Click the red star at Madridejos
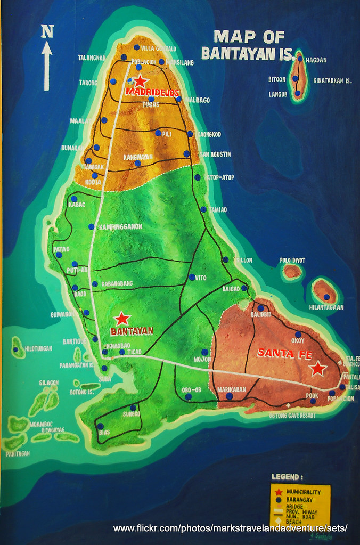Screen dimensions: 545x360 pos(140,82)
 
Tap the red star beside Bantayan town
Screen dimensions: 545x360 pos(122,319)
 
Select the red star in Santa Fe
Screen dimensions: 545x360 pos(318,368)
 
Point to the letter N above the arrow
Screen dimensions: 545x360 pos(47,31)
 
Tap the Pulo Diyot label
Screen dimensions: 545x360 pos(292,260)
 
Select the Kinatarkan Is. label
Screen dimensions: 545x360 pos(333,81)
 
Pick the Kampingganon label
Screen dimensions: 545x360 pos(121,227)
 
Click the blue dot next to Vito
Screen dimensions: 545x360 pos(191,277)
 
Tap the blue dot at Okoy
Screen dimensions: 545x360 pos(298,335)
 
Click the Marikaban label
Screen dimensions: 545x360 pos(232,389)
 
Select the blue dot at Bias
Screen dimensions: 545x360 pos(100,426)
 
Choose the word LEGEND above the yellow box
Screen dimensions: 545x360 pos(287,477)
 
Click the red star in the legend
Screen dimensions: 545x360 pos(278,491)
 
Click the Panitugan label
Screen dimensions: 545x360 pos(18,454)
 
